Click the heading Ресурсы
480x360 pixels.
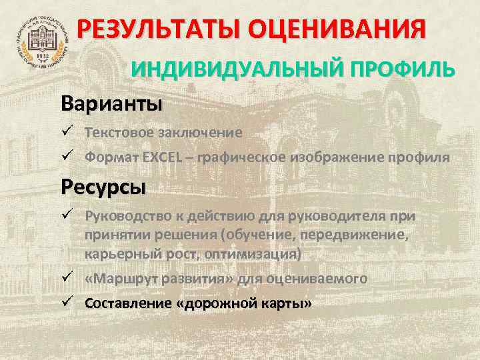tap(102, 187)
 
